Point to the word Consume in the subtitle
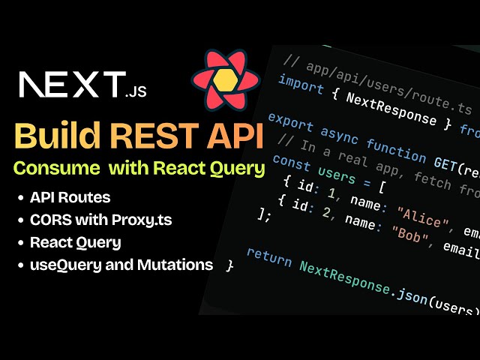56,169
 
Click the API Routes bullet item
70,198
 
